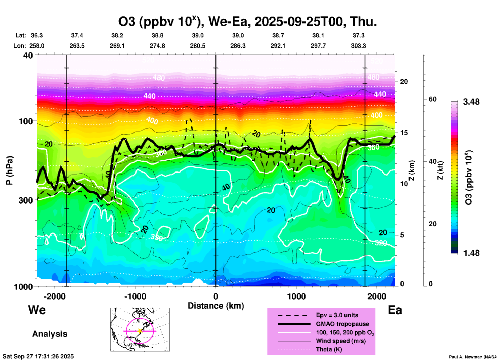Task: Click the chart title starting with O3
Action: click(x=247, y=21)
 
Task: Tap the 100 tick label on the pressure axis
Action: click(x=26, y=121)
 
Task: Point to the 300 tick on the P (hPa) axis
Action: click(x=26, y=200)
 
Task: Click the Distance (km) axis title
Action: click(x=216, y=306)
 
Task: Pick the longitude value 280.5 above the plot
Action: click(x=198, y=46)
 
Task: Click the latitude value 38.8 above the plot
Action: click(x=157, y=35)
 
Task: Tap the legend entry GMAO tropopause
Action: click(x=342, y=324)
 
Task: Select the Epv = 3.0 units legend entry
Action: click(x=337, y=315)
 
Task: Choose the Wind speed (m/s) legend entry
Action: click(x=341, y=341)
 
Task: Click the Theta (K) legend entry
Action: click(x=329, y=349)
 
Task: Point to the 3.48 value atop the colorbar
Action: click(x=471, y=102)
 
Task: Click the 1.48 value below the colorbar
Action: click(x=471, y=253)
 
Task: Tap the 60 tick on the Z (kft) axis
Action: click(x=432, y=99)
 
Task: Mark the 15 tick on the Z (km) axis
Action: click(x=404, y=133)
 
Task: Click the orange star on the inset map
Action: click(x=140, y=331)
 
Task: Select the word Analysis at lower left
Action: click(x=50, y=334)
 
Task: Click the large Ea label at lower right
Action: click(x=395, y=310)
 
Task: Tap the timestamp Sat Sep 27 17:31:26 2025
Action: click(x=38, y=356)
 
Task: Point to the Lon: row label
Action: click(x=20, y=46)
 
